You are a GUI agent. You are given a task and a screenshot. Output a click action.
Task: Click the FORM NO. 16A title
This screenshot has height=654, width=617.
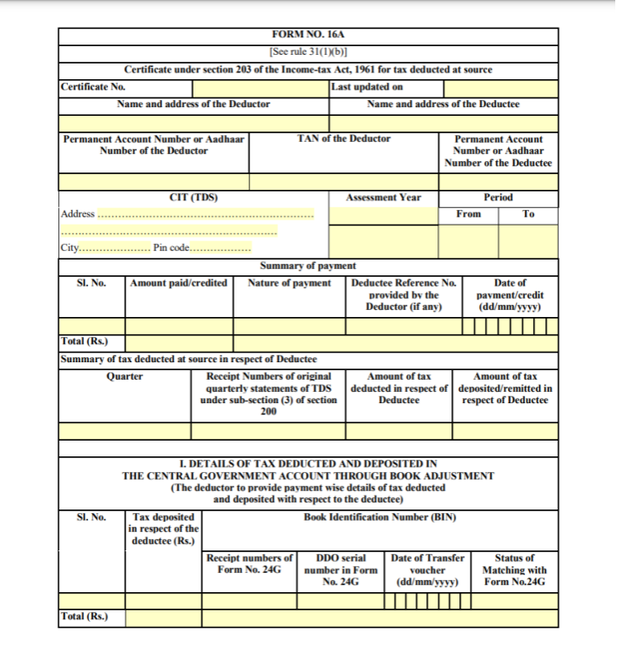coord(308,35)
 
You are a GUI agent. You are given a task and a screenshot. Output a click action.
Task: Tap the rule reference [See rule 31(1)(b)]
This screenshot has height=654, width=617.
coord(308,51)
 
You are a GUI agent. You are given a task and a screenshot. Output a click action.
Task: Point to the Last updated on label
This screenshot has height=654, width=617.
coord(367,87)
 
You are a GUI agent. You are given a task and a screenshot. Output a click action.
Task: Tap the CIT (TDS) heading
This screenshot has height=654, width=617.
coord(193,198)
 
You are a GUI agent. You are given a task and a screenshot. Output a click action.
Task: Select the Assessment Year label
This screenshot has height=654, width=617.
coord(383,198)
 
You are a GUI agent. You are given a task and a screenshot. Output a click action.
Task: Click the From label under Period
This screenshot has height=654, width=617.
coord(468,214)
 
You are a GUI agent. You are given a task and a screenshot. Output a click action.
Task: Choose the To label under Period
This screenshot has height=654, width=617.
coord(528,214)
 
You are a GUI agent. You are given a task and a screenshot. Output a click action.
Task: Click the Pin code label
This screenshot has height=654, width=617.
coord(172,247)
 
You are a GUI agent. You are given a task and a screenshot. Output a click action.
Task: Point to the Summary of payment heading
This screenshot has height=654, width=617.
coord(308,266)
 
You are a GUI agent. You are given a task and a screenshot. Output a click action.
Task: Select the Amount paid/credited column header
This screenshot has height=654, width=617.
coord(179,283)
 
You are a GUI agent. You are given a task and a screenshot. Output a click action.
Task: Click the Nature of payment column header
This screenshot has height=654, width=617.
coord(289,283)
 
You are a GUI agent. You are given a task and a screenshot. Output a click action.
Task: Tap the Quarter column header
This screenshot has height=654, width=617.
coord(125,377)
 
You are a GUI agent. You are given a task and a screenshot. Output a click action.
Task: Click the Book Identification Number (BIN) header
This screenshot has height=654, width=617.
coord(379,517)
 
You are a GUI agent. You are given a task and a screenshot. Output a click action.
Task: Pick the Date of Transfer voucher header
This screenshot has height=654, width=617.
coord(428,570)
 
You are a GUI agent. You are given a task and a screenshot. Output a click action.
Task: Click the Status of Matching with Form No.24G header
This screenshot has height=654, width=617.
coord(514,570)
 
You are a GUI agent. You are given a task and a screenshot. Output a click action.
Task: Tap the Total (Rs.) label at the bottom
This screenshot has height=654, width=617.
coord(85,617)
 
